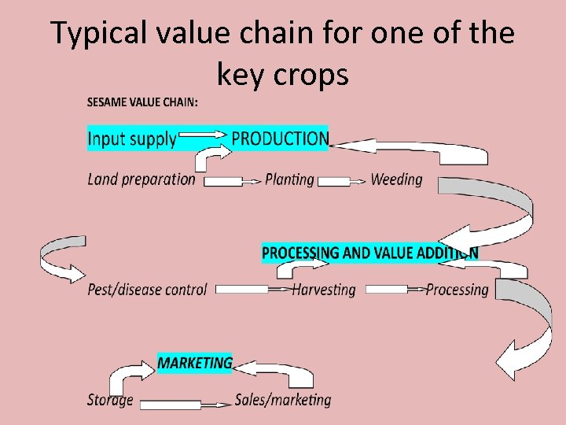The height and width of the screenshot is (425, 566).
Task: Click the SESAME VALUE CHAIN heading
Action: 142,102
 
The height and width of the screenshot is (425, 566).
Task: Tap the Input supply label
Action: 132,139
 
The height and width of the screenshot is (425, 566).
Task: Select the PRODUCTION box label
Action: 280,139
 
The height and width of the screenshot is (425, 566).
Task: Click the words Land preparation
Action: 141,179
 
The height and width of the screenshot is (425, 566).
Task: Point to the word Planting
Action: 289,179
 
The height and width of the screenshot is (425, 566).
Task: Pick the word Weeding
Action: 396,179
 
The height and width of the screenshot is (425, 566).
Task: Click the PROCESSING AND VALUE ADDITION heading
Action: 369,253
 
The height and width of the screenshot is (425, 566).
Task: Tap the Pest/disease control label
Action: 147,290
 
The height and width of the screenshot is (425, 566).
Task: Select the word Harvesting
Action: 323,290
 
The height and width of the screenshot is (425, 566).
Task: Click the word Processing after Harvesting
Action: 457,290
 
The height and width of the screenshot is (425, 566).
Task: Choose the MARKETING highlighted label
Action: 195,363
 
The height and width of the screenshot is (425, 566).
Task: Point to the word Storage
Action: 110,400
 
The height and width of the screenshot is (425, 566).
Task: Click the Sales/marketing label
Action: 283,400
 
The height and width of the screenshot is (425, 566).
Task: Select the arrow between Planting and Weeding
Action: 342,181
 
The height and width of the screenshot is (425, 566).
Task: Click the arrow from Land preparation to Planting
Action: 231,182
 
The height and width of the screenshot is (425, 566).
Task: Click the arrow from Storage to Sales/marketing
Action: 184,405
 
